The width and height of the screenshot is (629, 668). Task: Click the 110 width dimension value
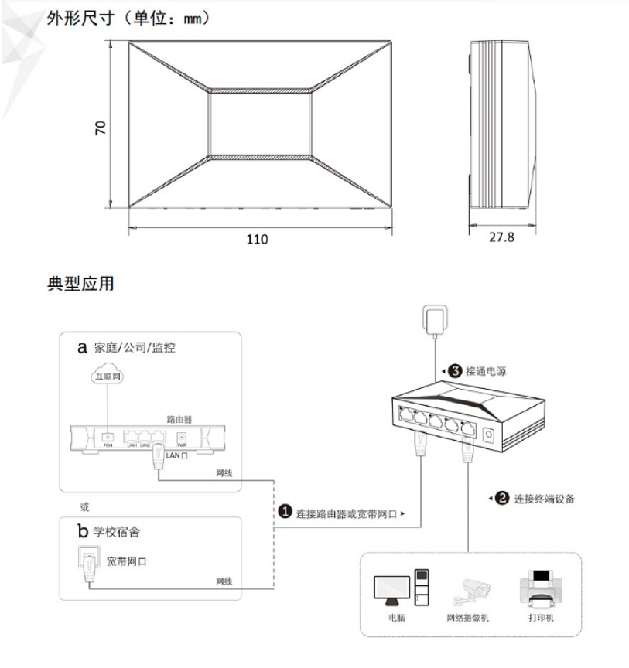257,240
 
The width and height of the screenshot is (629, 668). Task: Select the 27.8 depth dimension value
501,237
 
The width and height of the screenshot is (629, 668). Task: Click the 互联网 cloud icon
108,377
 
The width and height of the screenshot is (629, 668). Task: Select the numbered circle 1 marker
285,513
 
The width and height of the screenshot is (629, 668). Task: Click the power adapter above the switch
434,319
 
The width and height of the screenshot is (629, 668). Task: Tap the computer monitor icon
391,591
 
